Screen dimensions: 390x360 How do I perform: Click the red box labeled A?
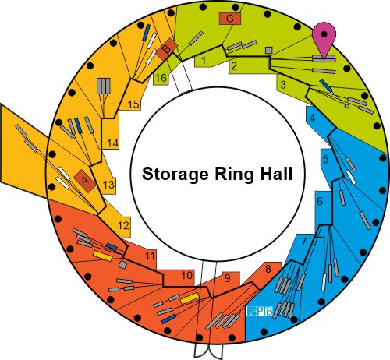click(85, 181)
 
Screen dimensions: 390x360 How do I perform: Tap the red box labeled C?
click(230, 19)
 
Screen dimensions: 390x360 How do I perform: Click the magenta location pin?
click(324, 39)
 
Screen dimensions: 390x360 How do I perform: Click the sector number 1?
click(204, 61)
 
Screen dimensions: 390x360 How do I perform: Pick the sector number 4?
click(313, 118)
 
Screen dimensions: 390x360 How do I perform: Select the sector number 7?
click(304, 242)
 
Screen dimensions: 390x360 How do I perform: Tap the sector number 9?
click(228, 278)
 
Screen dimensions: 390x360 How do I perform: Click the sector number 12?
click(123, 225)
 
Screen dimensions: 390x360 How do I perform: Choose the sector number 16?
click(161, 78)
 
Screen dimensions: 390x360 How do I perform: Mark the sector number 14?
click(113, 143)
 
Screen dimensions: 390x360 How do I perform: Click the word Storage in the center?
click(175, 174)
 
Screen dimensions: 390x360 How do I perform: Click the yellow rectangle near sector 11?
click(103, 256)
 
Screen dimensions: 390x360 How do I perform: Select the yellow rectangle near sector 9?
click(190, 298)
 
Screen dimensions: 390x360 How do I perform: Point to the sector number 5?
click(326, 159)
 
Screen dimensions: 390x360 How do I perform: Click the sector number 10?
click(186, 275)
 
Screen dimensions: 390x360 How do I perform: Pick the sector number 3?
click(283, 85)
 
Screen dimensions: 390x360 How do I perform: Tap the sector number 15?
click(133, 104)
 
